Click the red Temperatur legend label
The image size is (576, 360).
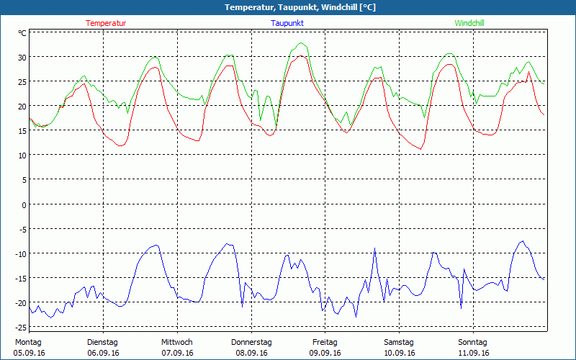(x=106, y=23)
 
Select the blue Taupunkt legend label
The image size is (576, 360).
(x=287, y=23)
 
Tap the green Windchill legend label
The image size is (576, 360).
(x=469, y=23)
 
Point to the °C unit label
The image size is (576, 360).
(x=22, y=33)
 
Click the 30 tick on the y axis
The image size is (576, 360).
(x=22, y=57)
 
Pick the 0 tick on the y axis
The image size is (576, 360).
(x=24, y=204)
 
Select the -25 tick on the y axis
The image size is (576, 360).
(x=21, y=327)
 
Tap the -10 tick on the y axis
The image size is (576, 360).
(x=21, y=253)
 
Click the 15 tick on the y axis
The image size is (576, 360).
(x=22, y=131)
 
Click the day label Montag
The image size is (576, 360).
(x=28, y=342)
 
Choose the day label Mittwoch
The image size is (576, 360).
(x=176, y=342)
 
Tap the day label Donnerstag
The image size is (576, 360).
(x=251, y=342)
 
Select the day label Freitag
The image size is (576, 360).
(x=325, y=342)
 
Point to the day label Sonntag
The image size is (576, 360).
(x=472, y=342)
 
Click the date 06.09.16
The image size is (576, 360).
(x=103, y=353)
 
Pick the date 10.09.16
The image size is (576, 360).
(x=398, y=353)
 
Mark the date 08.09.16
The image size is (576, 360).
(x=251, y=353)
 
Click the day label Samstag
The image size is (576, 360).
(x=398, y=342)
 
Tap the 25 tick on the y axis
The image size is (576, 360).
(x=22, y=81)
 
